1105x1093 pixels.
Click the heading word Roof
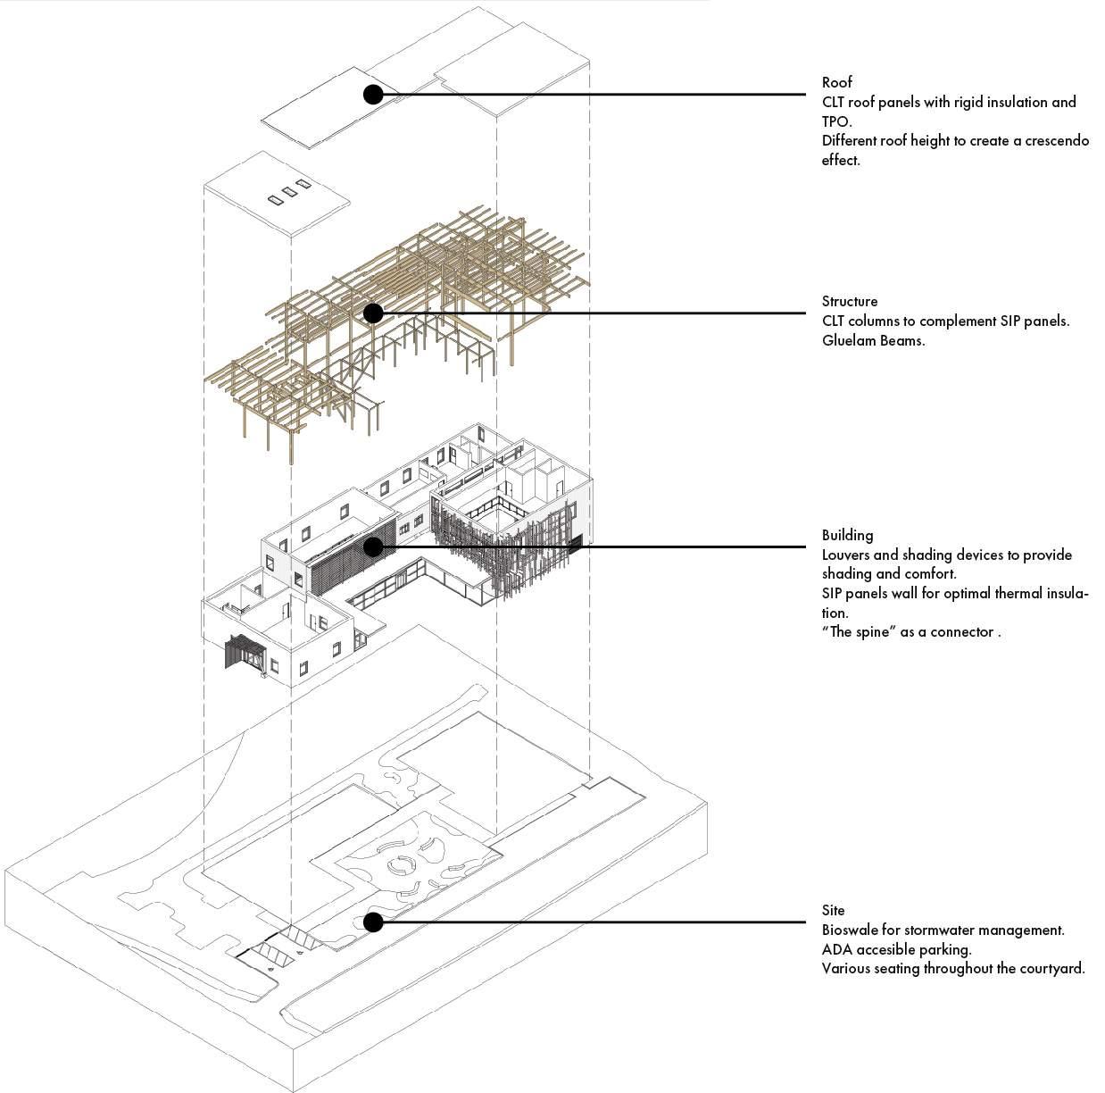tap(836, 82)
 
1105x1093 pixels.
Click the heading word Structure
tap(849, 301)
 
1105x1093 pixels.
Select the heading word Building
tap(847, 535)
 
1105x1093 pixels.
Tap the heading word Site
tap(833, 910)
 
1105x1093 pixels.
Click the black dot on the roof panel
tap(374, 94)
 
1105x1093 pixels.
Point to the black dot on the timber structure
tap(373, 313)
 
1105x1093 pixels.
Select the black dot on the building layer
tap(373, 546)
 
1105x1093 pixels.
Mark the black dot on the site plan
tap(373, 922)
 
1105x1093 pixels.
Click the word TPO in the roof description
tap(836, 121)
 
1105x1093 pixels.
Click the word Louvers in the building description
tap(849, 555)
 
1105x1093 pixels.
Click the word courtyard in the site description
tap(1051, 969)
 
